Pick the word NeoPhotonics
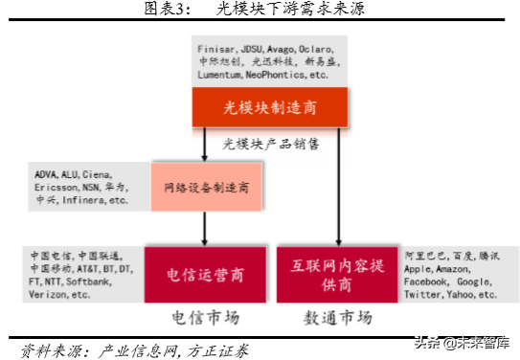(x=277, y=74)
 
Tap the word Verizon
(x=51, y=295)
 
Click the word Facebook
(x=427, y=282)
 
